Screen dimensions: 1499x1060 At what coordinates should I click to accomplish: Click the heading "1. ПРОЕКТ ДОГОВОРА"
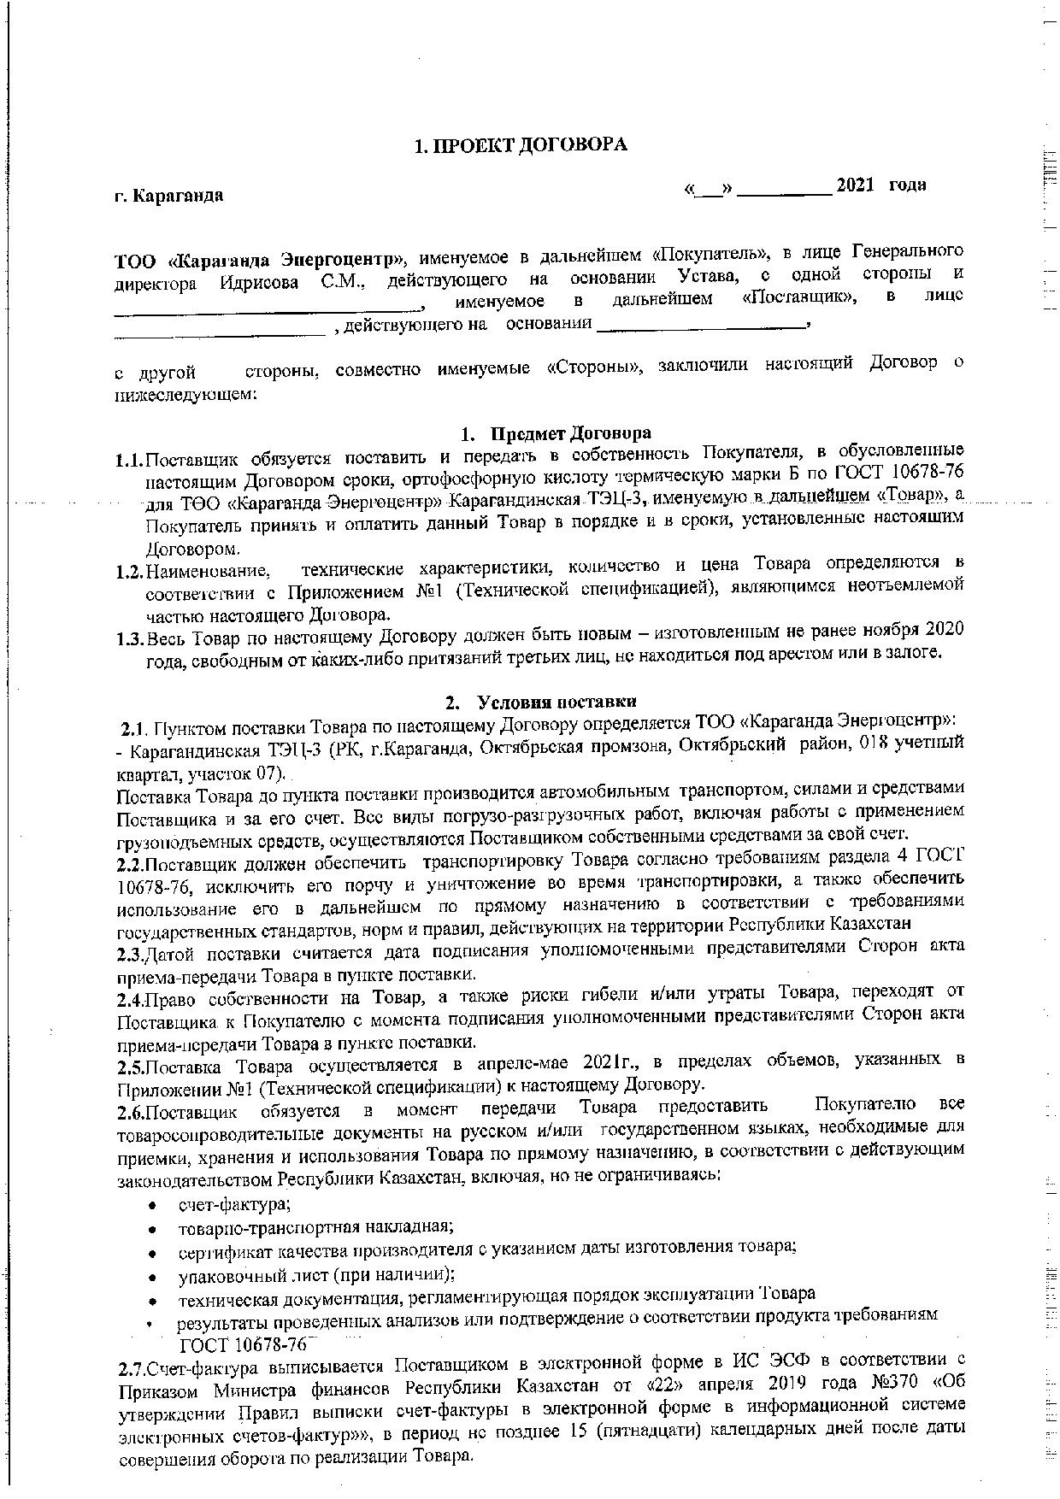(520, 145)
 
